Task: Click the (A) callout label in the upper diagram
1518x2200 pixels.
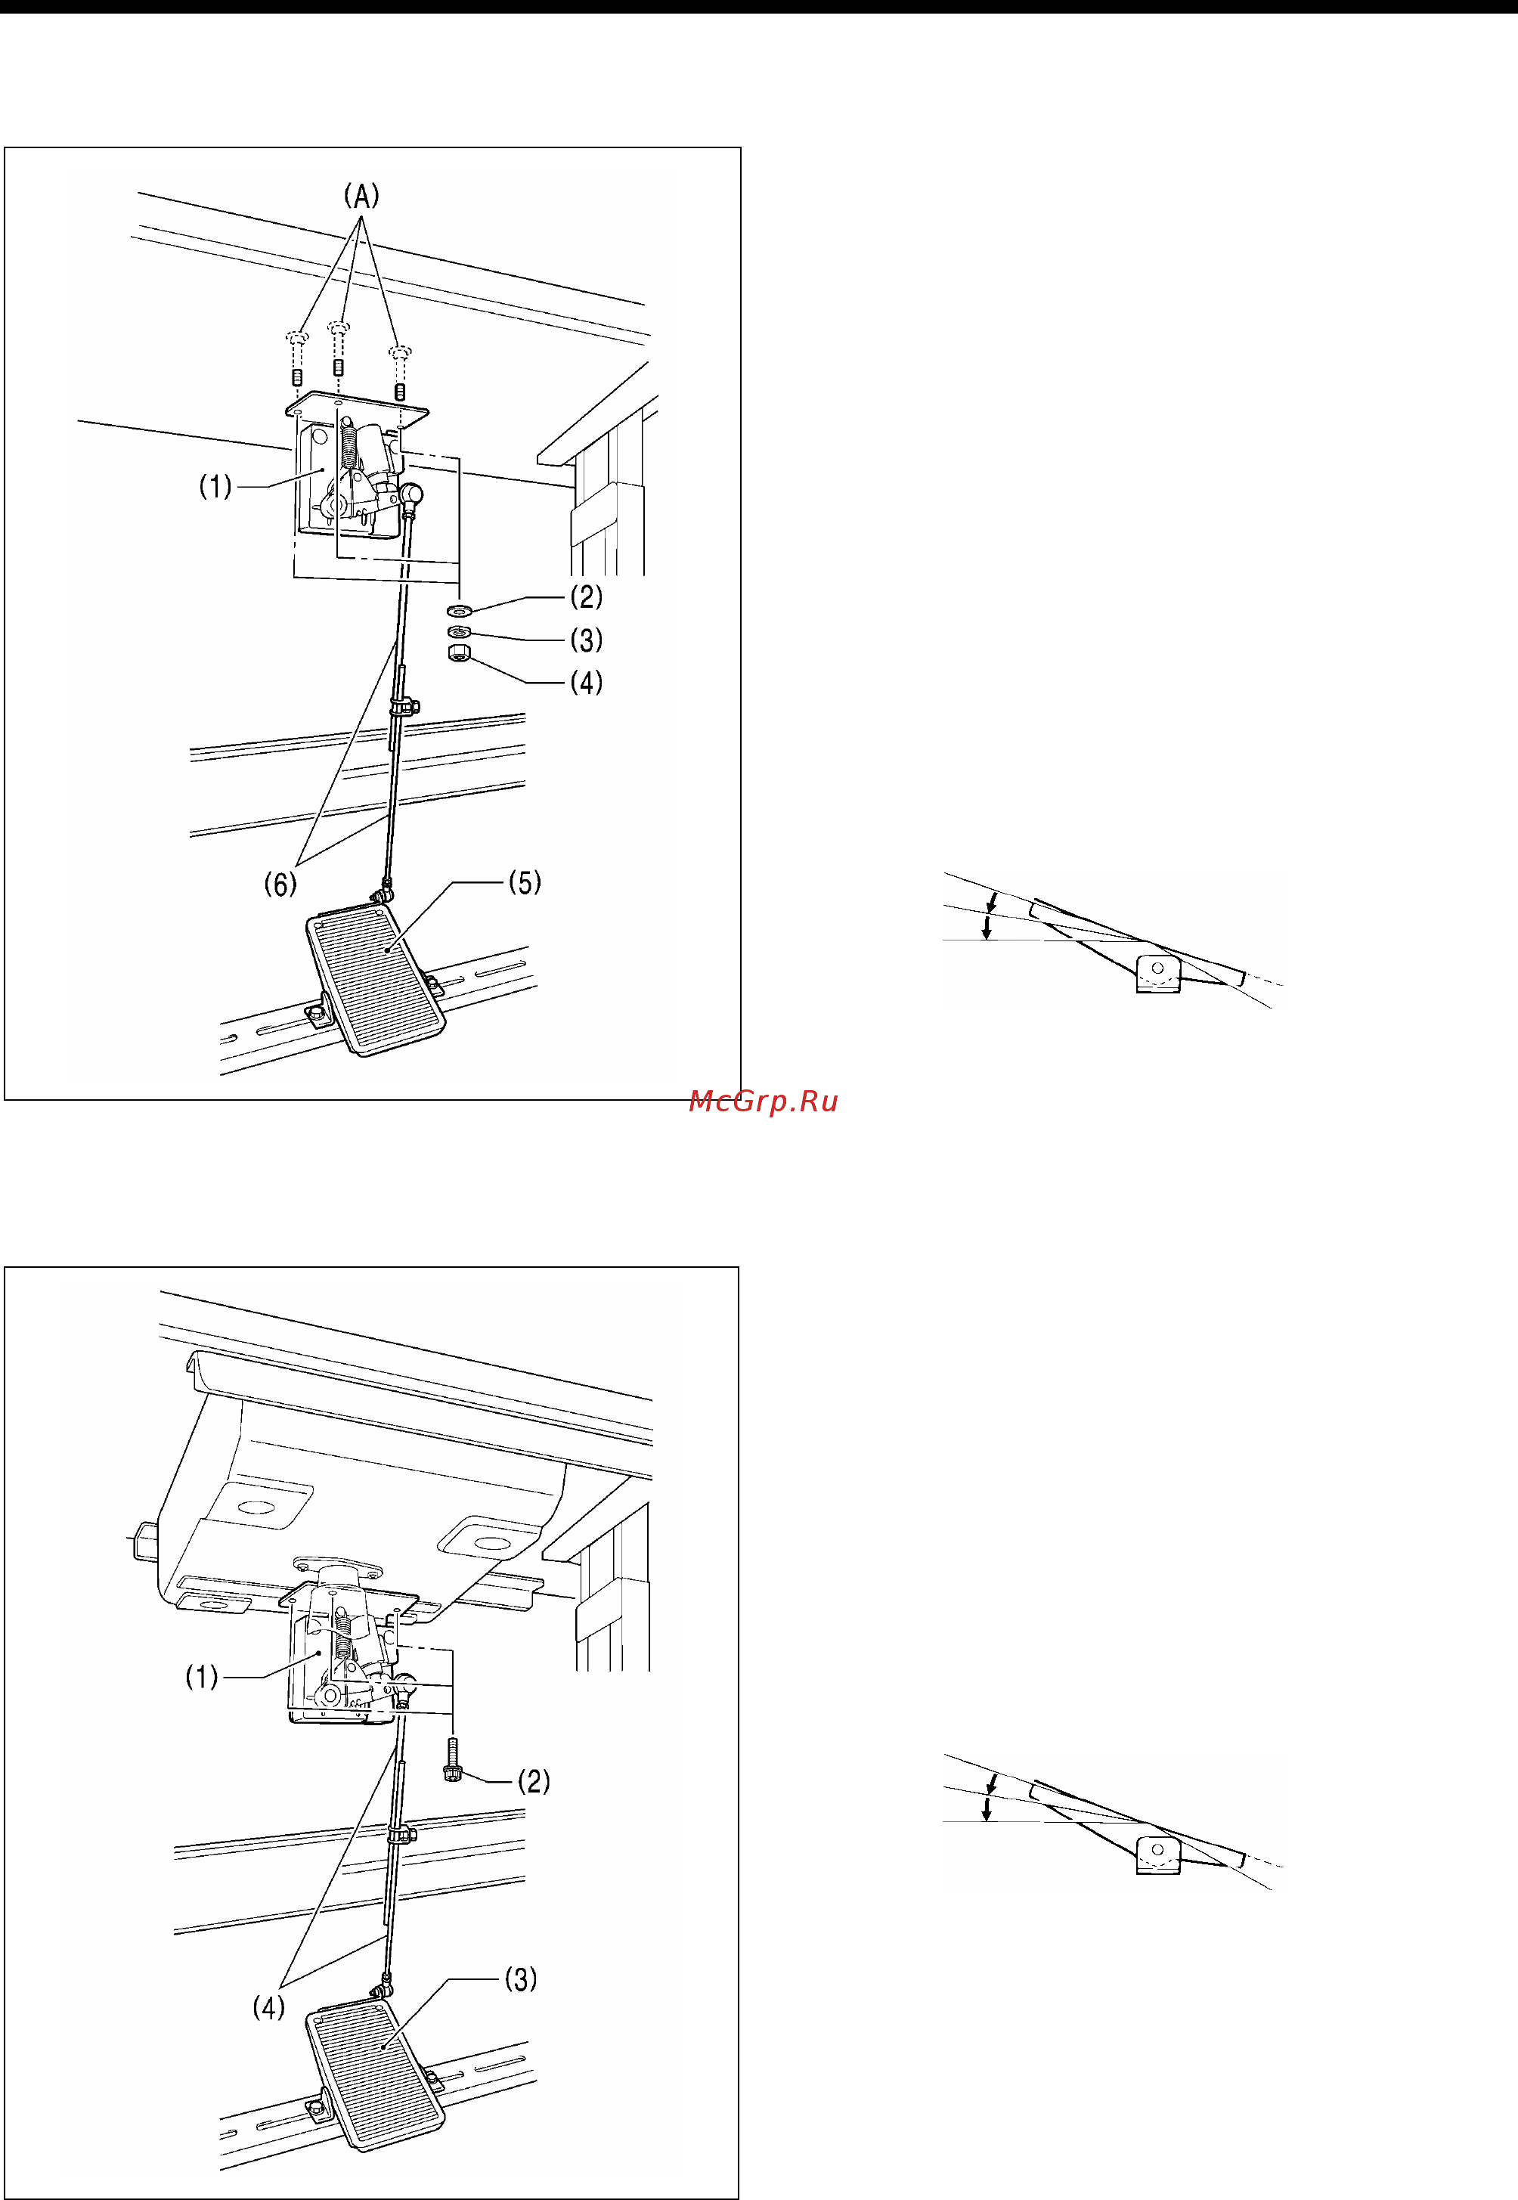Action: pos(361,196)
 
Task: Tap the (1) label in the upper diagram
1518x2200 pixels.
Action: pos(215,487)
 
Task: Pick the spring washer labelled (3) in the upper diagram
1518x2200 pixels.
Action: pos(458,633)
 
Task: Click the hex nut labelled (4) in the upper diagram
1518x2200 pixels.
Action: pos(458,652)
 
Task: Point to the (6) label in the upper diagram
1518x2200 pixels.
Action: pos(280,885)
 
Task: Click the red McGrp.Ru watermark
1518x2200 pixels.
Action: pos(764,1102)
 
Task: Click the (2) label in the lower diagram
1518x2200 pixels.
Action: pos(534,1781)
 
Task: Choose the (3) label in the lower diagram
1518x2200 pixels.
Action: pos(521,1979)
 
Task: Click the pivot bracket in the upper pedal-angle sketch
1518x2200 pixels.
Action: pos(1158,973)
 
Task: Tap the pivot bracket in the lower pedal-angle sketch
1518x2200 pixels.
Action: pos(1158,1854)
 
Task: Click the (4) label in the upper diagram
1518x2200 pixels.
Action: pos(587,683)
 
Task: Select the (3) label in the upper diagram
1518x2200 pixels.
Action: pos(587,640)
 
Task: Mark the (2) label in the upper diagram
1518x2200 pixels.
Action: pos(587,596)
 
